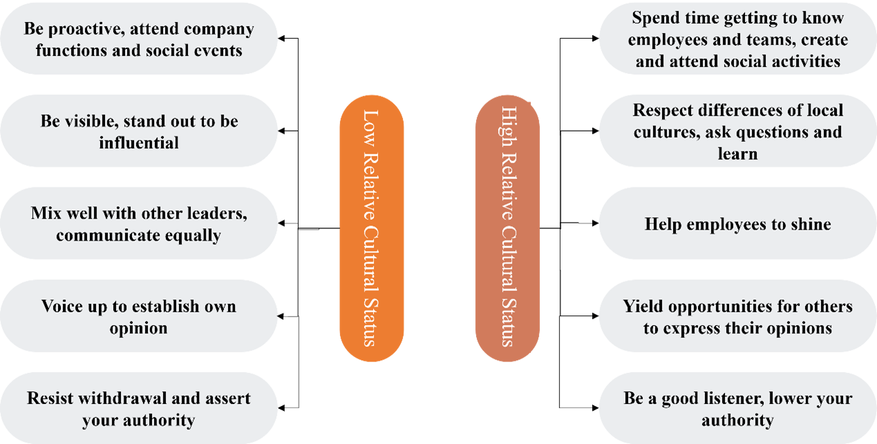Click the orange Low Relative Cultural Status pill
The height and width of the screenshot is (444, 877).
[x=371, y=228]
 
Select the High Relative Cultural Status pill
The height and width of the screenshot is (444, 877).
[x=507, y=228]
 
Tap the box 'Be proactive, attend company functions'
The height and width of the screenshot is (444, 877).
[x=138, y=39]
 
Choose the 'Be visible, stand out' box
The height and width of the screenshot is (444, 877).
[x=138, y=131]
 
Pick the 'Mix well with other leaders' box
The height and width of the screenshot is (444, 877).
[x=138, y=223]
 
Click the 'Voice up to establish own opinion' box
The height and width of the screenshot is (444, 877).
[x=138, y=317]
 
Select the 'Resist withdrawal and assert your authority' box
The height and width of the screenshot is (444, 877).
[x=138, y=409]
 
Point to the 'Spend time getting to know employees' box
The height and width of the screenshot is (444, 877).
[x=737, y=39]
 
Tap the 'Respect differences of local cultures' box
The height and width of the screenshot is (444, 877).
[x=737, y=131]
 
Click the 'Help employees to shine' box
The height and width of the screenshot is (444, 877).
[x=737, y=223]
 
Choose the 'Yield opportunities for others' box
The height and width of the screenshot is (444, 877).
[x=737, y=317]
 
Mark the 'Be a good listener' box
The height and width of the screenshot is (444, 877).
[x=737, y=409]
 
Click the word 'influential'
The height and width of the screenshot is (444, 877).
[x=138, y=142]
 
